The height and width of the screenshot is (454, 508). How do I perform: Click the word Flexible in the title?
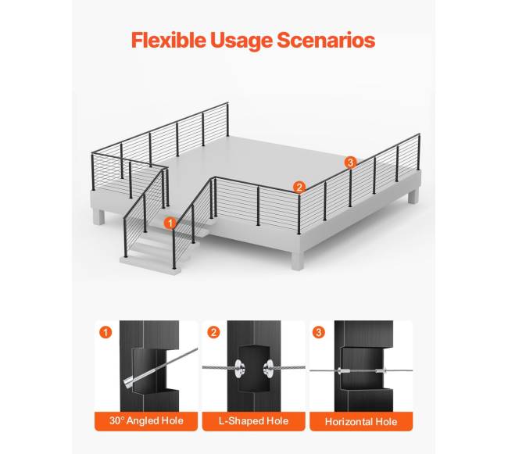click(x=169, y=40)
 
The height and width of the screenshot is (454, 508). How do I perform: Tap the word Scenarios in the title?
click(x=326, y=40)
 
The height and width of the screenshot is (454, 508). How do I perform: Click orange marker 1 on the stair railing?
click(x=170, y=223)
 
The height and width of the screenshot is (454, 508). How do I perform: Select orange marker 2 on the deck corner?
click(x=299, y=188)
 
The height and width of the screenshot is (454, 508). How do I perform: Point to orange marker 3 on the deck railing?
click(x=350, y=163)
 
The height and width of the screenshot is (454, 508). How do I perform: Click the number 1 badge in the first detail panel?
click(x=106, y=332)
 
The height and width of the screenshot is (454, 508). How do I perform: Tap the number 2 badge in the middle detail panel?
click(x=213, y=332)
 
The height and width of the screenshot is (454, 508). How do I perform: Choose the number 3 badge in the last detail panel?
click(x=319, y=332)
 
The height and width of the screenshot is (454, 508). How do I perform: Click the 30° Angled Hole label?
click(x=146, y=421)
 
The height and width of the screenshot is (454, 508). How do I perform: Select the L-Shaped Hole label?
click(x=254, y=421)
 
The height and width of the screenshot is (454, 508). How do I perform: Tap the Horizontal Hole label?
click(x=361, y=422)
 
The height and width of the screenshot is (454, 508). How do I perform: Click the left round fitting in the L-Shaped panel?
click(x=240, y=368)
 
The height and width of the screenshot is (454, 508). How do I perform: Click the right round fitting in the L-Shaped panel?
click(x=269, y=369)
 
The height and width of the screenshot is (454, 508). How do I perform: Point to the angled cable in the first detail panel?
click(x=160, y=367)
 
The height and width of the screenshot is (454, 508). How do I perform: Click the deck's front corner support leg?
click(x=298, y=260)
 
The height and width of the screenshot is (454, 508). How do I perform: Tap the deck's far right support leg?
click(x=413, y=196)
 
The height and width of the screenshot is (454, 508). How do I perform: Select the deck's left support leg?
click(x=98, y=216)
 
